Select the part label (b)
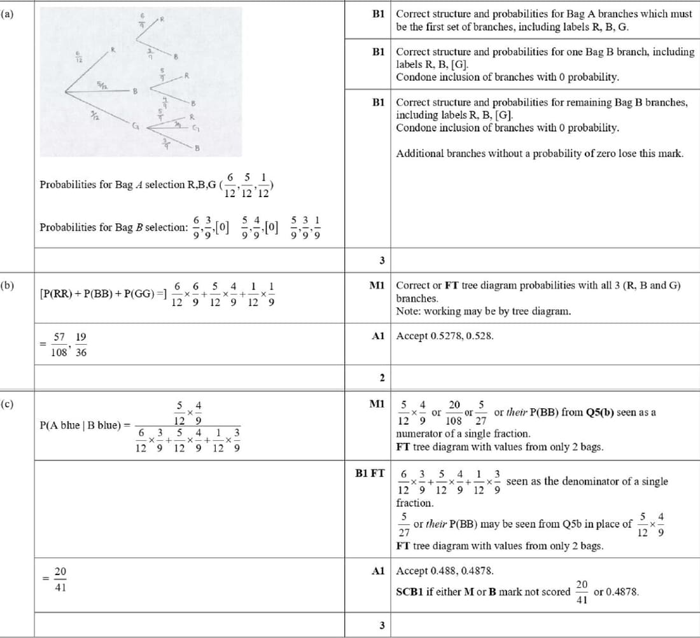(x=6, y=286)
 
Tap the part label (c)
(x=6, y=403)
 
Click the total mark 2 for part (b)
(x=382, y=378)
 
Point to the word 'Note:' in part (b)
(x=408, y=311)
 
